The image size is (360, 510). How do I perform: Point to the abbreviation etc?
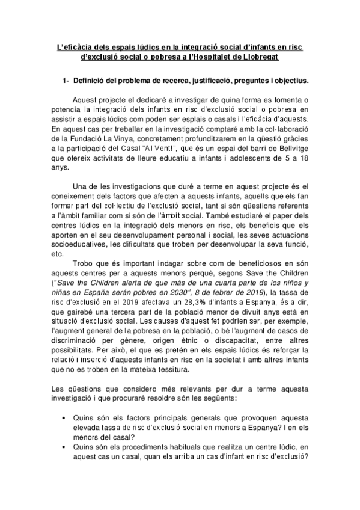tap(59, 254)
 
